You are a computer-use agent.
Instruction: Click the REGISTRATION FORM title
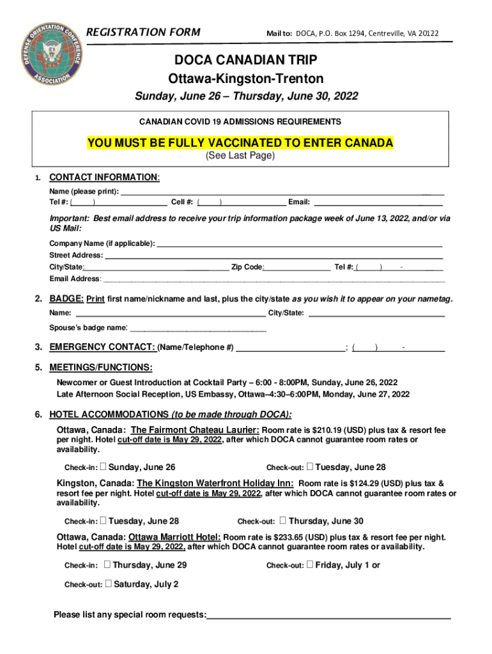[142, 32]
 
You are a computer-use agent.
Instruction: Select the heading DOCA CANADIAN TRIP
[246, 60]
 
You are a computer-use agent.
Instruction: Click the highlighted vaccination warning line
[240, 142]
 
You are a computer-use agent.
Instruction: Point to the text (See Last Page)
[240, 156]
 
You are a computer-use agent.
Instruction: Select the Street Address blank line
[273, 255]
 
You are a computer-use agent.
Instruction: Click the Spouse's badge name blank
[197, 328]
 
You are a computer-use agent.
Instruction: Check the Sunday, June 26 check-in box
[104, 466]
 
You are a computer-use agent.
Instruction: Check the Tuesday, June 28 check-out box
[310, 466]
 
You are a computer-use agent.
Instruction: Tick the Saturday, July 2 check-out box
[109, 583]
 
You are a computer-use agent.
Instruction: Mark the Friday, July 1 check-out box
[310, 564]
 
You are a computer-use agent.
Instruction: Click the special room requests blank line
[328, 615]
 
